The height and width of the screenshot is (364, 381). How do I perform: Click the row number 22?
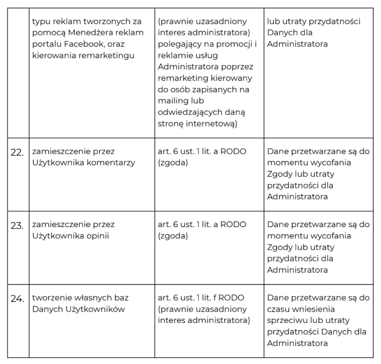click(x=17, y=152)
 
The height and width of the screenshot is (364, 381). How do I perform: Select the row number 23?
click(x=17, y=225)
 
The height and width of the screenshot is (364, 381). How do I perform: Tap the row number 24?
click(x=17, y=299)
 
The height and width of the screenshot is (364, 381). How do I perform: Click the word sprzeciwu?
click(x=288, y=321)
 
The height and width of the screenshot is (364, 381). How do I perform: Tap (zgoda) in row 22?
click(x=173, y=163)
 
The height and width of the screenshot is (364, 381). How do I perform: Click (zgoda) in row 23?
click(x=173, y=236)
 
